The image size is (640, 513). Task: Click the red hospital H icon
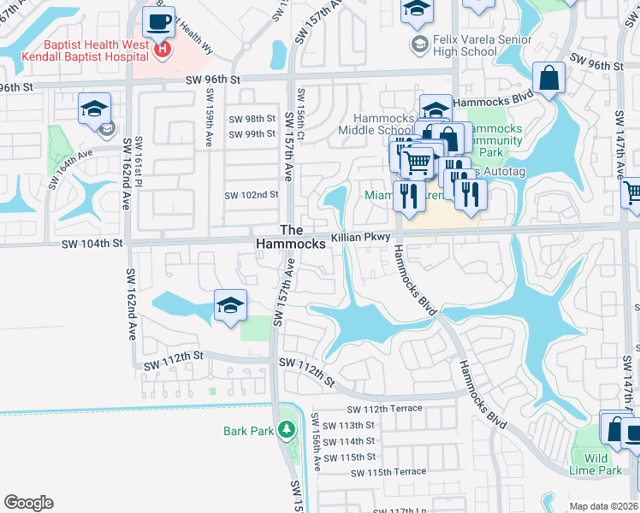163,50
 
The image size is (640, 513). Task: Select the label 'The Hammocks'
291,237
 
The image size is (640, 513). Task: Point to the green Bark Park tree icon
287,430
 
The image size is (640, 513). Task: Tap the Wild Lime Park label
596,464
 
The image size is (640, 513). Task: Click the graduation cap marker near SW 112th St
230,305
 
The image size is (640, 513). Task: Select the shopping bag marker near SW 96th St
549,78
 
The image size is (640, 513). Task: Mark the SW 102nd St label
252,195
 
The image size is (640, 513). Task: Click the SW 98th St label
252,119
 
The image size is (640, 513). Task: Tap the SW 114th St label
357,441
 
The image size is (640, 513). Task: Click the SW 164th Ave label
70,168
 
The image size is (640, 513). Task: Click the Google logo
28,503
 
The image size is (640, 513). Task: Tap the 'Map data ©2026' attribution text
603,506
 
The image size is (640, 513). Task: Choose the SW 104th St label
93,244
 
